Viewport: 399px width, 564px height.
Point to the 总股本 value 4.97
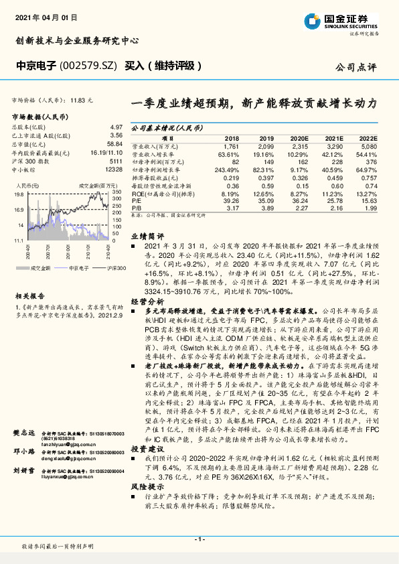pos(116,127)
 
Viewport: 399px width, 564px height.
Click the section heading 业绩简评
pos(147,236)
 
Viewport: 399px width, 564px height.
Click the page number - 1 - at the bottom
pos(199,539)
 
